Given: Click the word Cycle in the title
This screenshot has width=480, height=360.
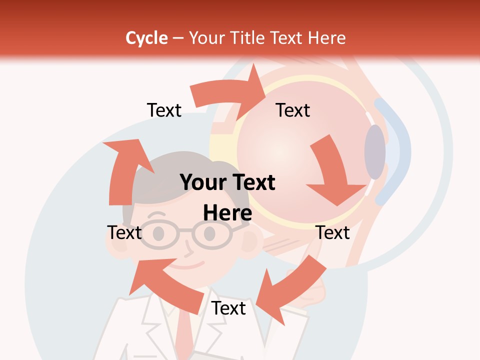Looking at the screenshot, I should click(x=146, y=38).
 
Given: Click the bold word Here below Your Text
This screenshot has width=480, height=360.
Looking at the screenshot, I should click(x=227, y=213).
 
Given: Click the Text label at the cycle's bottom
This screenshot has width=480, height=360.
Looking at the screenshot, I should click(x=228, y=308).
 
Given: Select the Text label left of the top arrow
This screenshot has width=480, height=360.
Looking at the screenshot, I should click(x=164, y=110).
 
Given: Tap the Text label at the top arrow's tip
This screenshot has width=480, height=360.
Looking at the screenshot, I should click(x=293, y=110).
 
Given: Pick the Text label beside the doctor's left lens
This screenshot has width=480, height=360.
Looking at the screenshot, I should click(x=124, y=232).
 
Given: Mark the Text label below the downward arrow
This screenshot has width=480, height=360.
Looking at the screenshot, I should click(x=333, y=232).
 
